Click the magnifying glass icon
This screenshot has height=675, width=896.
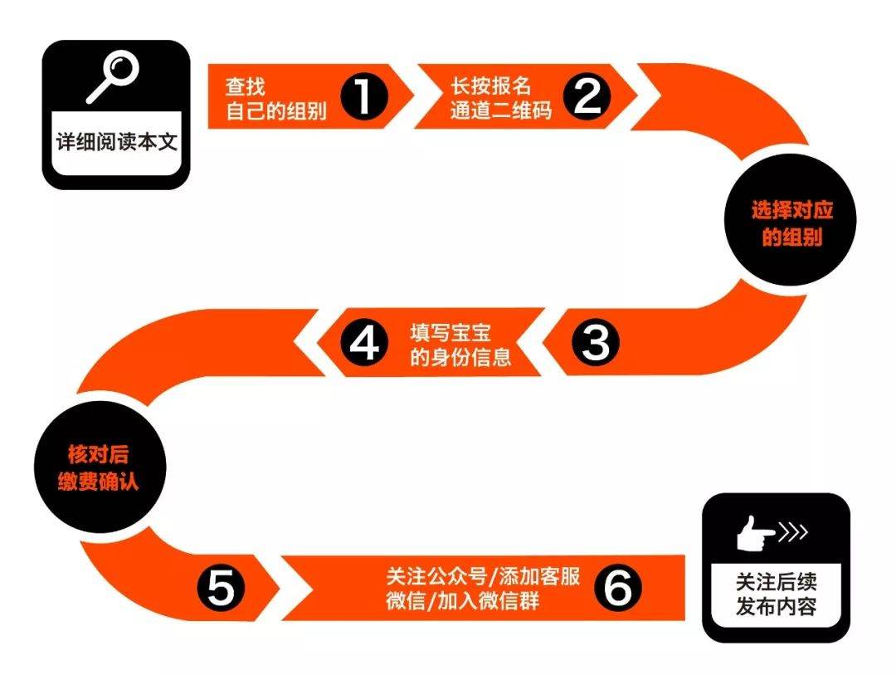[113, 76]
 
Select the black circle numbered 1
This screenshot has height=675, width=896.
[364, 96]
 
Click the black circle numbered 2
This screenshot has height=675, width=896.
[587, 96]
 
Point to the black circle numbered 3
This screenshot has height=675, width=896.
[595, 343]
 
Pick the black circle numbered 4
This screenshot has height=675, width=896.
[364, 343]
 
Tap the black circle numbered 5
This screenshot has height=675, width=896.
[221, 588]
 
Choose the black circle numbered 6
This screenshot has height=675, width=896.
[618, 588]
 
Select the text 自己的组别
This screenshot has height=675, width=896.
[276, 110]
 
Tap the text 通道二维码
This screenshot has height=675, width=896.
[501, 110]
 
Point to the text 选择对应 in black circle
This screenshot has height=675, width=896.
[792, 211]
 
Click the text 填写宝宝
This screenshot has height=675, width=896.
[450, 332]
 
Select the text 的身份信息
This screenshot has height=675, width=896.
[460, 356]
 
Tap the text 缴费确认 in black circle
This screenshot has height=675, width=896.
[98, 481]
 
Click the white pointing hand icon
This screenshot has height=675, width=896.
[754, 533]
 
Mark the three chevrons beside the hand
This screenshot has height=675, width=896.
[794, 532]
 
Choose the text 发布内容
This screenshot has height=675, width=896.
[776, 606]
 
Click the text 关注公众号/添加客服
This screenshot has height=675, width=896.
[484, 576]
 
